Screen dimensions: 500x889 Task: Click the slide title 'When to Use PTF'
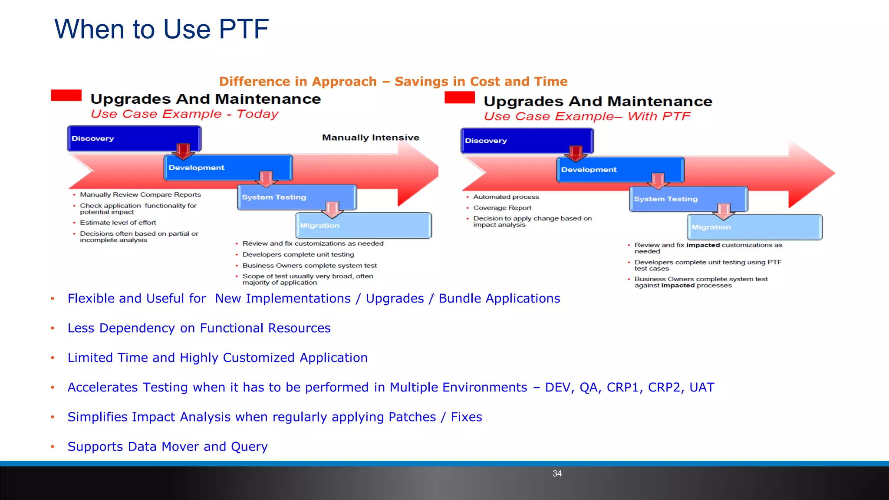(161, 29)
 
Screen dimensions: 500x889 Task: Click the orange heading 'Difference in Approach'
(298, 82)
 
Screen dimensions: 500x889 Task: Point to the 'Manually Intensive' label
(370, 138)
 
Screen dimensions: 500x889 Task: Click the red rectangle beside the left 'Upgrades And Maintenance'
(66, 95)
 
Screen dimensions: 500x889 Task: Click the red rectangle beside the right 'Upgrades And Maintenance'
(459, 97)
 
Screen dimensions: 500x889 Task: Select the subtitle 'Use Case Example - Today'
(184, 114)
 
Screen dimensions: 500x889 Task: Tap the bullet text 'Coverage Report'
(502, 208)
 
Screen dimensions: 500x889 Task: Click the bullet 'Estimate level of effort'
(118, 223)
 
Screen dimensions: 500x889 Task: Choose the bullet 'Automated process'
(506, 197)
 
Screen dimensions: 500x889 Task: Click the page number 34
(557, 474)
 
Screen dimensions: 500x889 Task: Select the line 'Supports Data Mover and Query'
(168, 447)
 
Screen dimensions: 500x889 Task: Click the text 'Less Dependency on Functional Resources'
(199, 328)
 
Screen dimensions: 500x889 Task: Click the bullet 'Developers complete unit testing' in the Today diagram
(298, 255)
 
